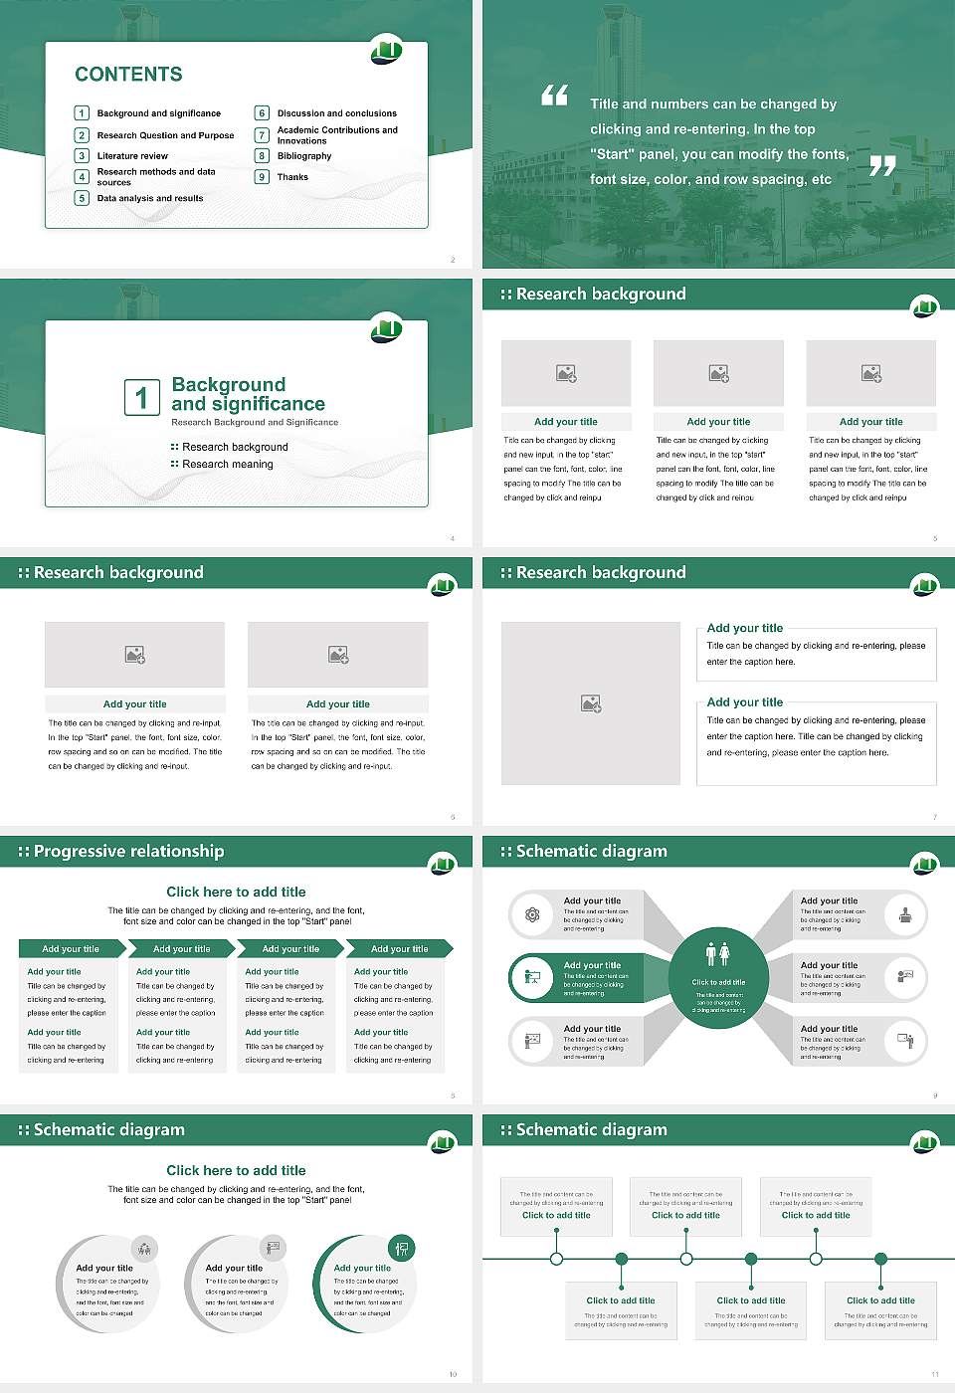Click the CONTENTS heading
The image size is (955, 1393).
[x=128, y=75]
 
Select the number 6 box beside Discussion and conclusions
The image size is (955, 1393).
[x=262, y=113]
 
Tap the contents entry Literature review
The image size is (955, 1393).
[x=132, y=156]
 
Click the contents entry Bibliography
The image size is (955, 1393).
[x=304, y=156]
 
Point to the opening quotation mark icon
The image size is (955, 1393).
[x=554, y=96]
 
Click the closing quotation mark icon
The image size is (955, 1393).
[x=882, y=166]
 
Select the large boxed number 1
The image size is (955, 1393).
[x=141, y=397]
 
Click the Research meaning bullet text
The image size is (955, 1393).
[x=227, y=465]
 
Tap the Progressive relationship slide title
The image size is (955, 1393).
[x=128, y=852]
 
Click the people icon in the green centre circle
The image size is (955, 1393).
[x=717, y=954]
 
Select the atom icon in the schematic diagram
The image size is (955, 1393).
[x=532, y=915]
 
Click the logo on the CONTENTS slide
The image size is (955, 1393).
[x=387, y=50]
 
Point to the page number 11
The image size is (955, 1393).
[x=934, y=1374]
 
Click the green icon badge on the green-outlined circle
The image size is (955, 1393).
[x=402, y=1248]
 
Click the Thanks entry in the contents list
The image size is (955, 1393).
[x=292, y=177]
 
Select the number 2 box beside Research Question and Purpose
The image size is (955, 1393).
[x=82, y=135]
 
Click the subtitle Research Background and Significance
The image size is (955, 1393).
[x=255, y=423]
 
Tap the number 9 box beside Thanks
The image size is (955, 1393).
[x=262, y=177]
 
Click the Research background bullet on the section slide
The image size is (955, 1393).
[x=235, y=448]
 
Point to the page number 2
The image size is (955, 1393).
[x=453, y=260]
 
